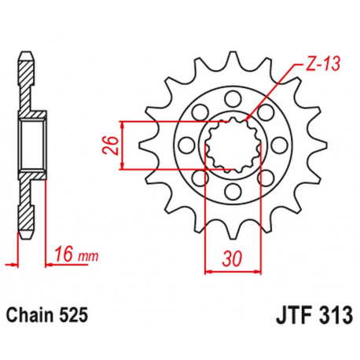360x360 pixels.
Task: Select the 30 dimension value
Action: (x=233, y=257)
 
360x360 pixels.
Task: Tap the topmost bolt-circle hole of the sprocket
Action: (x=232, y=99)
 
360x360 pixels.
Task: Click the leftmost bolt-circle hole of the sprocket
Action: (x=186, y=145)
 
